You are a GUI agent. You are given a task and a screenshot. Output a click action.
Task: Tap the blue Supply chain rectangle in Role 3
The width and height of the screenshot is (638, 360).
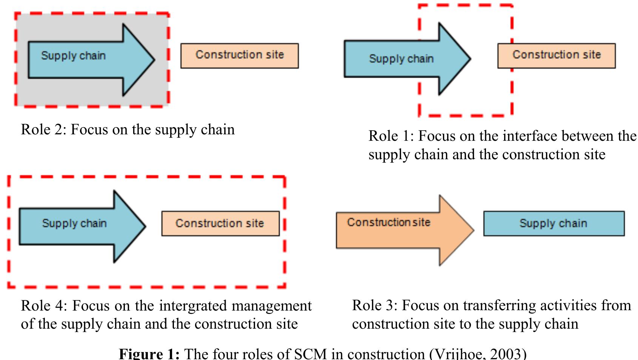(x=554, y=223)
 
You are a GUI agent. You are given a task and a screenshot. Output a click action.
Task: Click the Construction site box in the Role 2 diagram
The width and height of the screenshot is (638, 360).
(x=240, y=55)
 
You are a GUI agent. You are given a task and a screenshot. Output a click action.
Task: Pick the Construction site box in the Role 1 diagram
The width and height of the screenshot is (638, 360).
(x=557, y=55)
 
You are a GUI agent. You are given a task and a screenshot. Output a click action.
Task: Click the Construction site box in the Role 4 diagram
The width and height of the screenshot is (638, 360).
(x=220, y=223)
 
